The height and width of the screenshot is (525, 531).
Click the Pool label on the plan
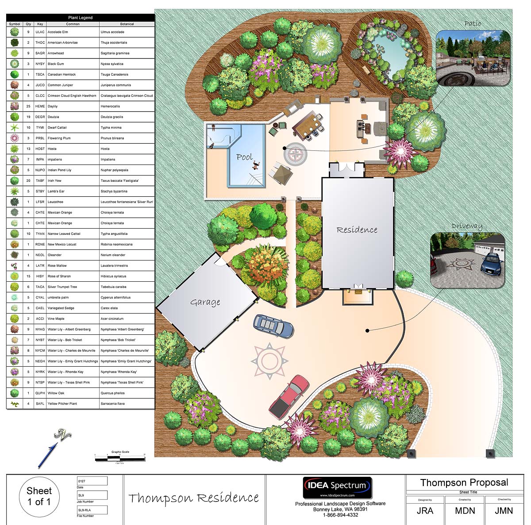tap(244, 157)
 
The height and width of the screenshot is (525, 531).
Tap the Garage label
tap(205, 303)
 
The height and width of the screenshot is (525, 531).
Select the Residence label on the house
tap(357, 230)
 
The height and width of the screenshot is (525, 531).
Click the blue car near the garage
tap(273, 326)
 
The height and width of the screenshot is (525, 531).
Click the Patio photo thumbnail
tap(473, 58)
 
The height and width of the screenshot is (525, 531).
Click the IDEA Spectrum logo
tap(337, 487)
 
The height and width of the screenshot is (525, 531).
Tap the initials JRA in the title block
tap(425, 510)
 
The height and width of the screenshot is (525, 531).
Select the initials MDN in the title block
tap(465, 510)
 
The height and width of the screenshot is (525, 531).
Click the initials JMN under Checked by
tap(504, 510)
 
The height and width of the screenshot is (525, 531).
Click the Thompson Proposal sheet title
tap(464, 483)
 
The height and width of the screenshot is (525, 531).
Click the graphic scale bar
tap(120, 458)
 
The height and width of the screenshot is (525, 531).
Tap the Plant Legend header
tap(80, 18)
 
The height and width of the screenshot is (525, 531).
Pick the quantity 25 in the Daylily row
tap(28, 106)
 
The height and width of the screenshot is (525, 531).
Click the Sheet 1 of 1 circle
tap(39, 496)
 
